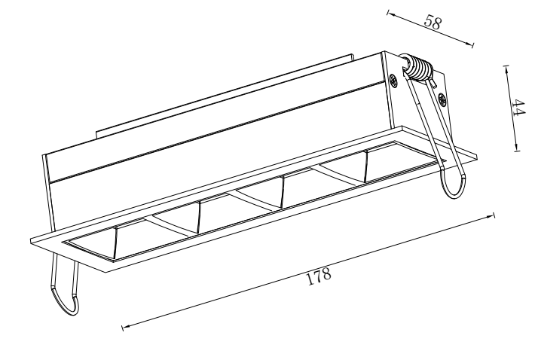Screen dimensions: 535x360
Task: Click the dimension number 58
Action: click(433, 22)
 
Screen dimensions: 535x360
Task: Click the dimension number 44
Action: click(518, 108)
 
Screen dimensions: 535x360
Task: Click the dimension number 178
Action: click(319, 276)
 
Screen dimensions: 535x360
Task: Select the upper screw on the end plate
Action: click(394, 81)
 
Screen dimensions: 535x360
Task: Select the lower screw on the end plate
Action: click(442, 99)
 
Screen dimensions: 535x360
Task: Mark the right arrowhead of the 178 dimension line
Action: click(490, 216)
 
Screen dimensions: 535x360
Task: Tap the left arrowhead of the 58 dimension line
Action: click(391, 14)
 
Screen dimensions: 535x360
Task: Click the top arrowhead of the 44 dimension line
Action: click(506, 69)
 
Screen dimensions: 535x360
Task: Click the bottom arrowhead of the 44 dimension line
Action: click(517, 146)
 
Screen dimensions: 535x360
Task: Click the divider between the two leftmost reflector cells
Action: click(115, 243)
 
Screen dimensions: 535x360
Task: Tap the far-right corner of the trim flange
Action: click(477, 155)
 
